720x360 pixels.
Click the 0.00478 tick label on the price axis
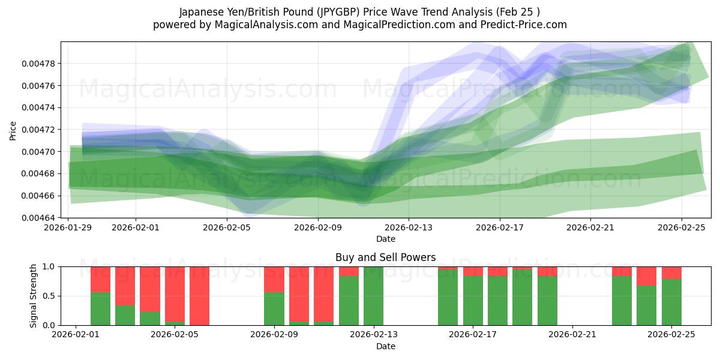point(38,64)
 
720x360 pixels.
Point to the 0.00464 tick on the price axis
point(38,218)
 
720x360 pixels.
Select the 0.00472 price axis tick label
point(38,130)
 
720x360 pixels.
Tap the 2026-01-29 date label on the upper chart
point(68,227)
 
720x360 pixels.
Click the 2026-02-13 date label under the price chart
point(408,227)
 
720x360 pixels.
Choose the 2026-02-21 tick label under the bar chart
point(572,335)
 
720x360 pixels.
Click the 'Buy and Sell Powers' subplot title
point(385,257)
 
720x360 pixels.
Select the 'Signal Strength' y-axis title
point(34,296)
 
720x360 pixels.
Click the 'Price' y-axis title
point(13,130)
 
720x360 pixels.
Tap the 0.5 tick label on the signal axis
point(49,296)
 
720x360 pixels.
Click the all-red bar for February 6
point(200,296)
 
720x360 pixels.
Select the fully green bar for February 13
point(373,296)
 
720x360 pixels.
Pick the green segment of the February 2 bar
point(100,308)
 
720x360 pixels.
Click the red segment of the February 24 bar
point(646,276)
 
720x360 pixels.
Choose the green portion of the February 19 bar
point(522,297)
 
